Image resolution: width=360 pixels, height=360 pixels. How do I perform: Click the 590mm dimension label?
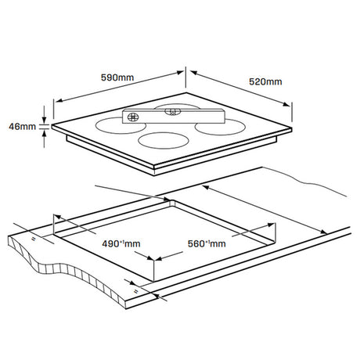(117, 77)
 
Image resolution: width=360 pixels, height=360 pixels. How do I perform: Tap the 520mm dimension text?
(265, 81)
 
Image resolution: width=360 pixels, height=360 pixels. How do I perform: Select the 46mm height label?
(22, 127)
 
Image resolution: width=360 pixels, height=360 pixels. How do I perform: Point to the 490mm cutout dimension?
(121, 244)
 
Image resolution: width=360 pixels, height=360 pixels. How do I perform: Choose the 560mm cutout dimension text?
(207, 244)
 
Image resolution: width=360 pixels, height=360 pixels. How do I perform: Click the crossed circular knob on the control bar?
(133, 117)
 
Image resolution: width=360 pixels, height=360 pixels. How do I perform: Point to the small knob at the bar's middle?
(172, 112)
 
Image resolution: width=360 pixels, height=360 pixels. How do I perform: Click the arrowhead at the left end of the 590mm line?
(59, 100)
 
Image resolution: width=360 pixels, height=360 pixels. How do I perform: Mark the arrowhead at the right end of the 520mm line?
(286, 104)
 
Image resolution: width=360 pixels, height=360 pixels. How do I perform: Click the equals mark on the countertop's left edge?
(33, 239)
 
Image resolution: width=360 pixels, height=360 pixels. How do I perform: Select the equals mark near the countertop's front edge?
(135, 291)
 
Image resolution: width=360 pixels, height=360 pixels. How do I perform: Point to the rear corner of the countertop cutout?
(171, 200)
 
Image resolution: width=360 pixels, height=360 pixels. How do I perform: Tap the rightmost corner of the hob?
(291, 128)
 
